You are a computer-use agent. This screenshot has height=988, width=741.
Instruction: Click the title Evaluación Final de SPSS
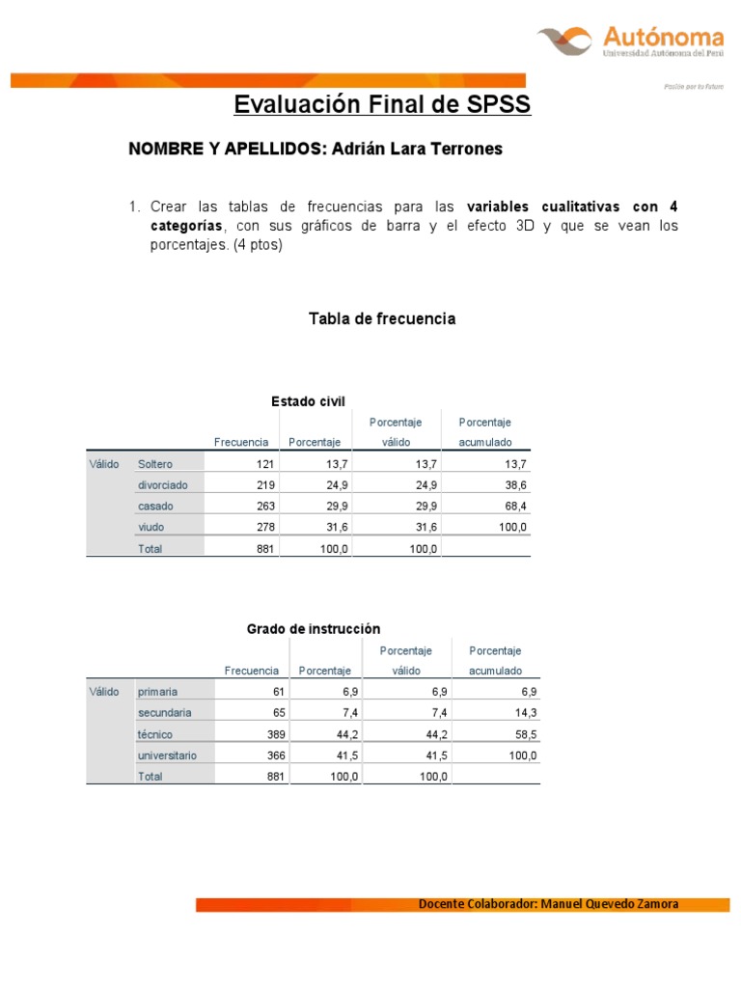point(383,104)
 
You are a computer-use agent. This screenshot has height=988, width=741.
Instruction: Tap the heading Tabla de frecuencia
point(382,318)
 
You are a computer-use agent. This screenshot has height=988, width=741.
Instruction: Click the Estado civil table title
point(308,401)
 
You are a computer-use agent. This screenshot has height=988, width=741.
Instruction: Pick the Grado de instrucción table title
point(314,629)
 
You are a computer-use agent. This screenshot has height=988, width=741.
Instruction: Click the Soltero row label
point(155,464)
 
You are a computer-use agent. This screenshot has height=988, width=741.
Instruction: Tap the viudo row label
point(151,528)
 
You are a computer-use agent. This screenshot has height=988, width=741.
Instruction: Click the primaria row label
point(158,692)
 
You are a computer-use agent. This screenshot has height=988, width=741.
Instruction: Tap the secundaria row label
point(165,713)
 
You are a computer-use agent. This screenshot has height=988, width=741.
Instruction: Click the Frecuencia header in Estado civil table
point(241,443)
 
